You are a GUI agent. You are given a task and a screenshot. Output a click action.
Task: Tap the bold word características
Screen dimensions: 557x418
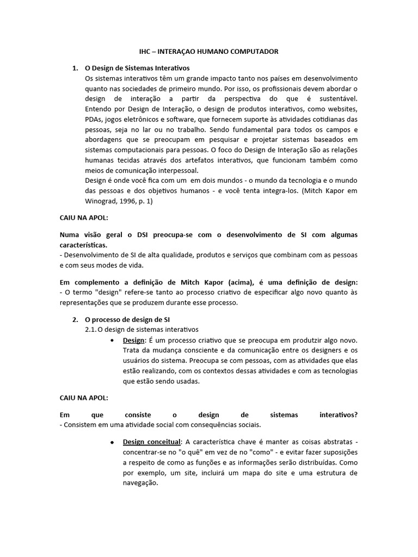pos(83,245)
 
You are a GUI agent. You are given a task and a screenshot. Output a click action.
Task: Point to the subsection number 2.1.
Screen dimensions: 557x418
pos(91,330)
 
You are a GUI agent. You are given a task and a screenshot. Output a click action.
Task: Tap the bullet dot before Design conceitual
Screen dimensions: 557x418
pos(112,442)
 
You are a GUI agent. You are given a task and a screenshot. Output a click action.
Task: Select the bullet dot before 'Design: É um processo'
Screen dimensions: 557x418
pos(112,341)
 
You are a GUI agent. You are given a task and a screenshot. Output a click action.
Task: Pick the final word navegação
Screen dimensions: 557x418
pos(140,483)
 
